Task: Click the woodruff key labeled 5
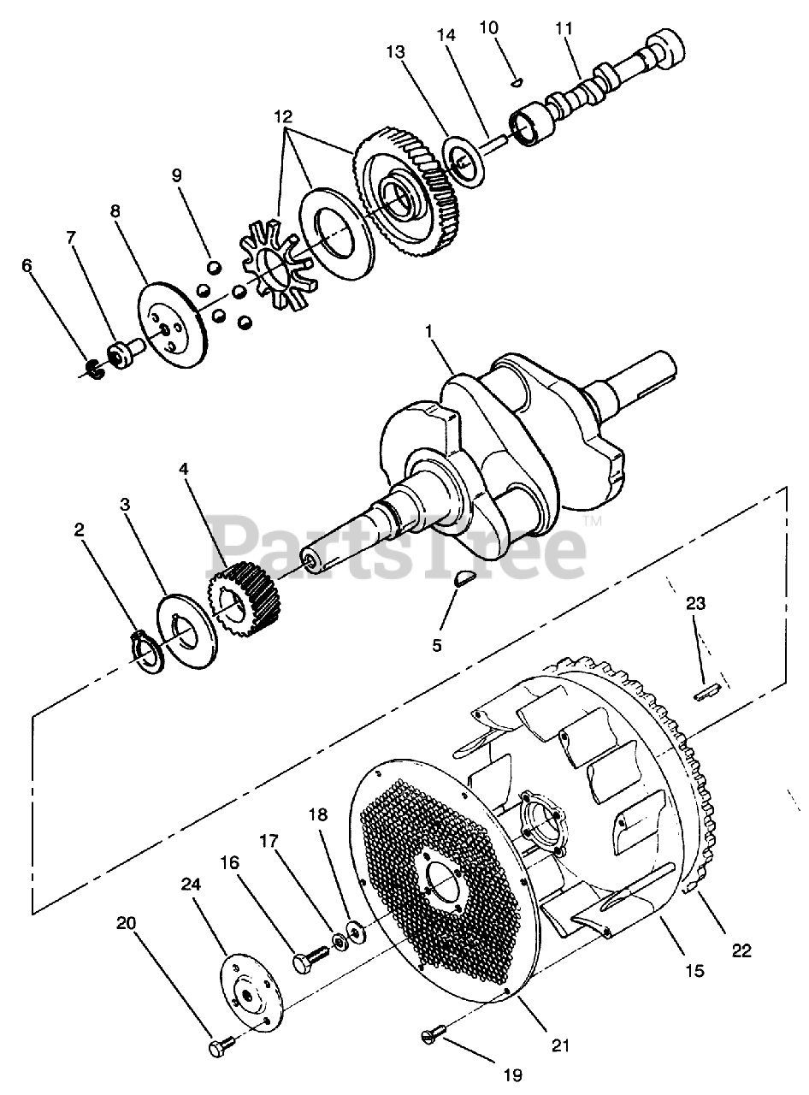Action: point(464,578)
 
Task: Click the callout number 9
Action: point(177,175)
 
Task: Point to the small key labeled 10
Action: point(517,82)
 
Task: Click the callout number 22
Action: point(741,950)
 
